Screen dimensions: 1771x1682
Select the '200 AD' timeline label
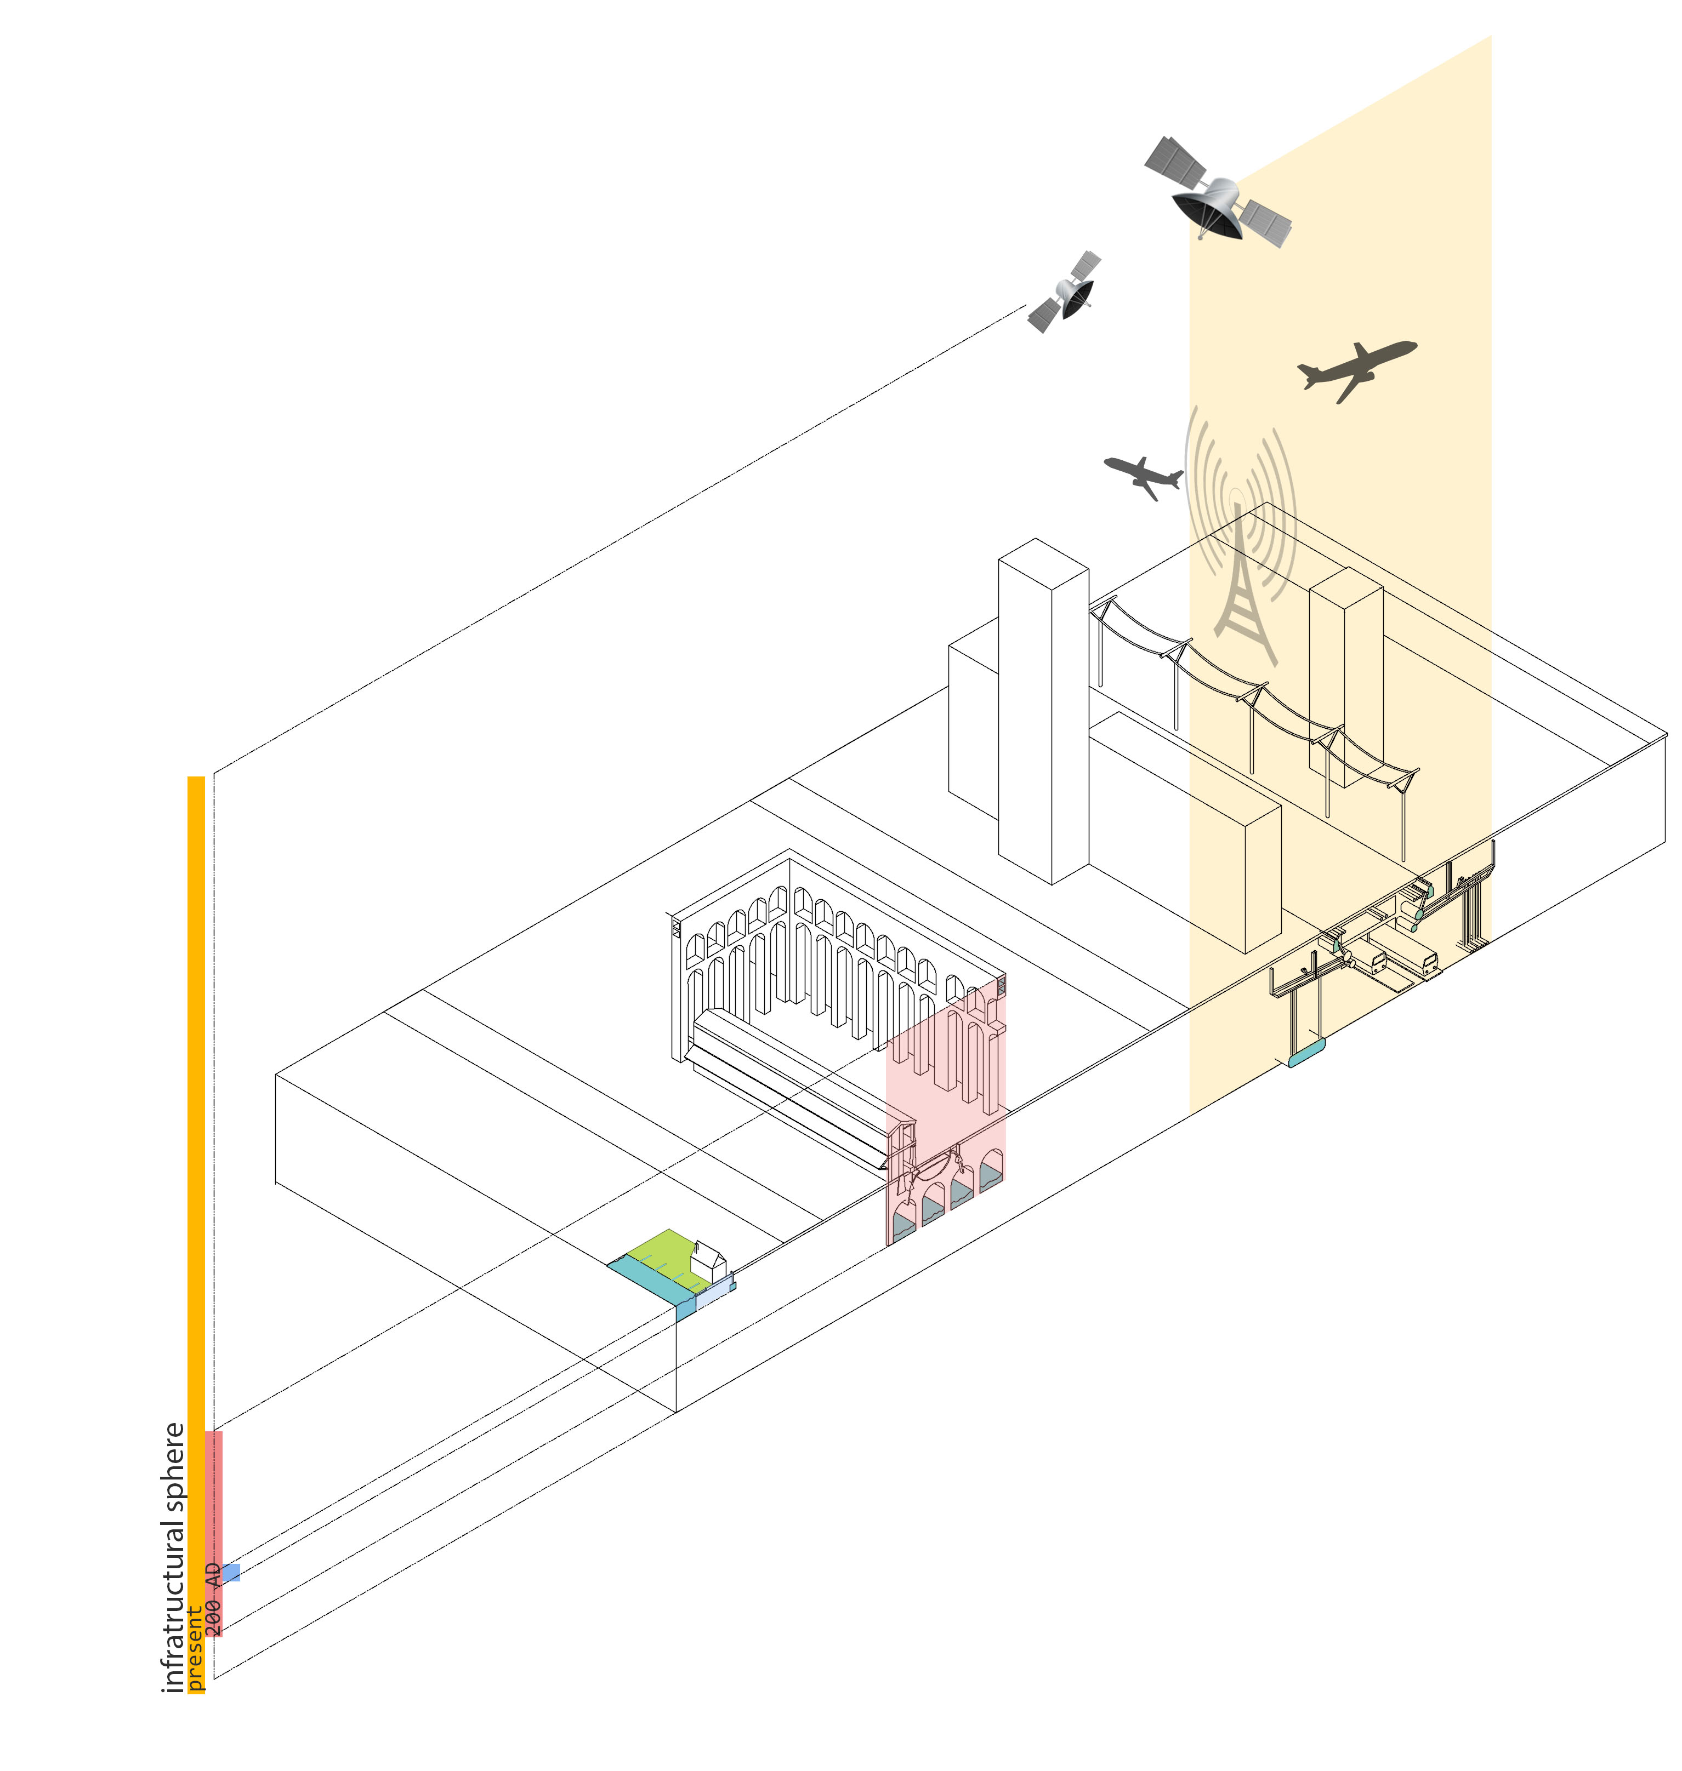tap(213, 1600)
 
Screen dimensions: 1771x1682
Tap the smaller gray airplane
tap(1143, 475)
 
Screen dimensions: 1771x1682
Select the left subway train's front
tap(1377, 963)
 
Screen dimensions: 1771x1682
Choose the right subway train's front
tap(1429, 963)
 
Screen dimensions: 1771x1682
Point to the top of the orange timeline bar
tap(196, 781)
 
